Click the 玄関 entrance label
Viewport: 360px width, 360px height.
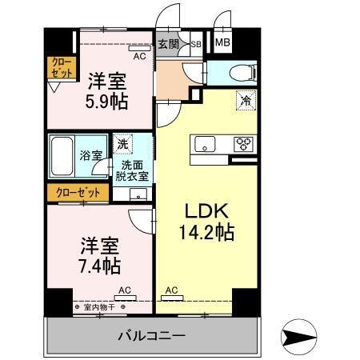coord(167,45)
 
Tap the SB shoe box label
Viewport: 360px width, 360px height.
coord(196,45)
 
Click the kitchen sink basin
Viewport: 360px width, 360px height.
coord(204,145)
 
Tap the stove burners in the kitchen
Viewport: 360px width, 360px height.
coord(242,145)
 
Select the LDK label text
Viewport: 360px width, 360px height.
coord(208,212)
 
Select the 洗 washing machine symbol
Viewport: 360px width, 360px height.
coord(122,145)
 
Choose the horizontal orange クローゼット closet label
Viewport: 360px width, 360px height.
coord(77,193)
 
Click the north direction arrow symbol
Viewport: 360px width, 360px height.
coord(302,334)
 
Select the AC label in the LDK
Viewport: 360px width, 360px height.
coord(171,290)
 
